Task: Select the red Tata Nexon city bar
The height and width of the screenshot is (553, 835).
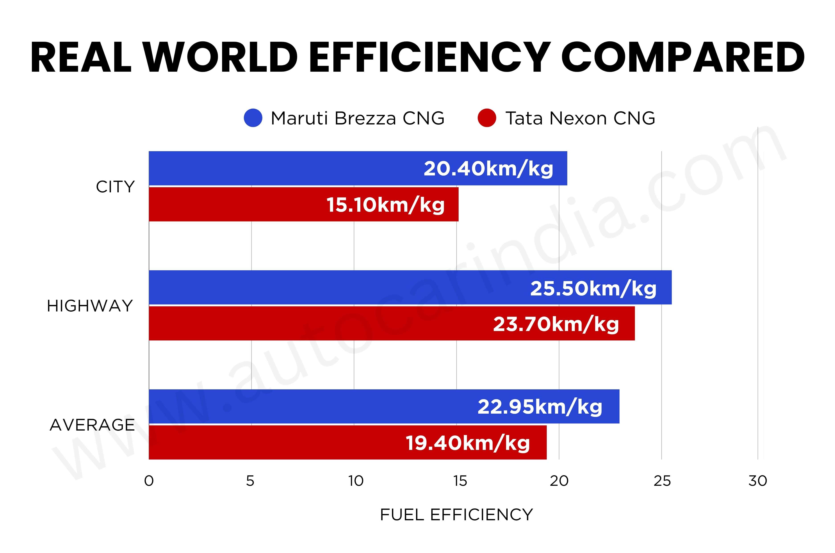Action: [x=304, y=204]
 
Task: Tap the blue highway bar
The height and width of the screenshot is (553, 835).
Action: [x=410, y=287]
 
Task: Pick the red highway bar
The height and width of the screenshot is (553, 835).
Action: [x=392, y=323]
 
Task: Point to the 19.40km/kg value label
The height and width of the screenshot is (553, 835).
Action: [x=468, y=443]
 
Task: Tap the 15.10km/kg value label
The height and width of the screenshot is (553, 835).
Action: [x=386, y=205]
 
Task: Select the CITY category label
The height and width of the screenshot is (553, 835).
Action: [x=115, y=187]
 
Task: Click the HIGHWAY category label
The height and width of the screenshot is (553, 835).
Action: [x=90, y=306]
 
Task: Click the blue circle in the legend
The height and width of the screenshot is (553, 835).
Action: [x=253, y=118]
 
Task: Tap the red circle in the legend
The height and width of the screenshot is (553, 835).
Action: [x=487, y=118]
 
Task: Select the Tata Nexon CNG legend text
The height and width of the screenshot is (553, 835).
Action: [x=580, y=118]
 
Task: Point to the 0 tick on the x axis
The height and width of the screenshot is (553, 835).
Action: [x=149, y=481]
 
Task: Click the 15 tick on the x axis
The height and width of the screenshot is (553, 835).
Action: [x=460, y=481]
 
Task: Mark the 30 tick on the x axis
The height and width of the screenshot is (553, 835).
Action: [x=758, y=481]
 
